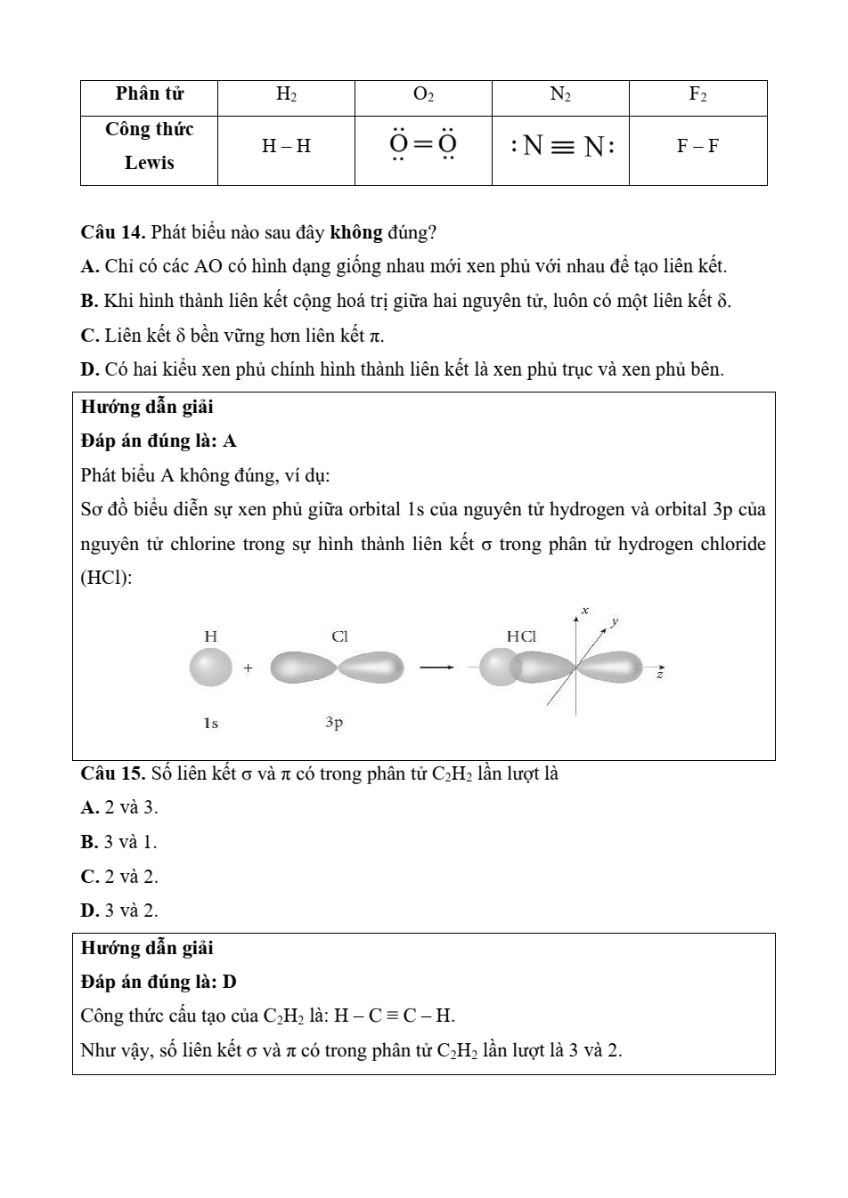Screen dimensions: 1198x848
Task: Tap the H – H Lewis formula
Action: pos(286,147)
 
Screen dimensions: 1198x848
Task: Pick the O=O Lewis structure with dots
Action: pos(423,145)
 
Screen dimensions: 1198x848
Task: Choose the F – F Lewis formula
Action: pos(697,147)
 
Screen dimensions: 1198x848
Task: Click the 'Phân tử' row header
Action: pos(149,94)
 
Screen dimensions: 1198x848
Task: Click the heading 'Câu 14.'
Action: pos(113,233)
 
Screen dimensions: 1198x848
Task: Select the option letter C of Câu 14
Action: pos(88,336)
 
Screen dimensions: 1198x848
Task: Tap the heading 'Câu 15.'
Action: pos(113,773)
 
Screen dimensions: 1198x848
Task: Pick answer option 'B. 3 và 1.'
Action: pos(118,842)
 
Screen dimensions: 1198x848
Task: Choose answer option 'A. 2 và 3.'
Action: pos(119,808)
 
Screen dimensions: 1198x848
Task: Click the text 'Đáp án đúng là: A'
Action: pos(159,441)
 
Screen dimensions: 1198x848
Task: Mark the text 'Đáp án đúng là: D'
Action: pos(159,983)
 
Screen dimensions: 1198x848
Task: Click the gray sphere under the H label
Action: pos(211,668)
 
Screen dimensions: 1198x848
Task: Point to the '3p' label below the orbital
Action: pos(334,723)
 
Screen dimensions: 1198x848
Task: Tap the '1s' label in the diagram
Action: pos(210,723)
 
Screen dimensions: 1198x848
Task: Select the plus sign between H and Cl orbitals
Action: pos(248,668)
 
